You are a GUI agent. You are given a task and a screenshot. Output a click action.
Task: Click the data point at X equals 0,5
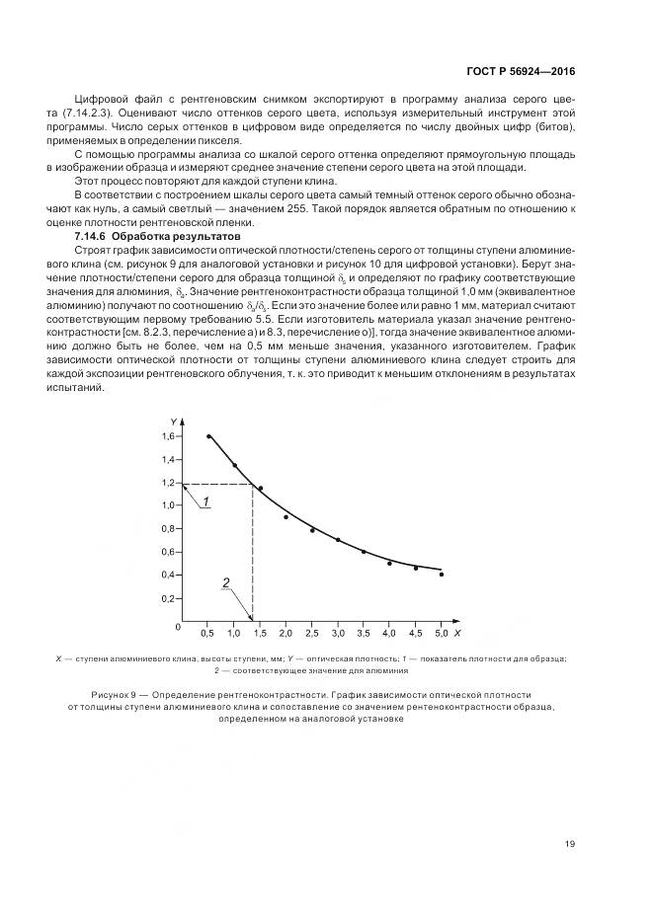coord(208,436)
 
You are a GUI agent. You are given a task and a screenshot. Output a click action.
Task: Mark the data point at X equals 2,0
coord(286,516)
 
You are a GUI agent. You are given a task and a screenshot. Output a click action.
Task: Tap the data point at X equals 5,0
coord(441,574)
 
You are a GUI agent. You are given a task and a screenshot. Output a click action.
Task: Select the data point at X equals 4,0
coord(389,563)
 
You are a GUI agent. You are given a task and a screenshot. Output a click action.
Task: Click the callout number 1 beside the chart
coord(205,502)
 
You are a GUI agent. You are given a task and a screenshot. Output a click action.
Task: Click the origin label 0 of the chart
coord(178,627)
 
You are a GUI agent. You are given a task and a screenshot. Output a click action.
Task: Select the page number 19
coord(570,843)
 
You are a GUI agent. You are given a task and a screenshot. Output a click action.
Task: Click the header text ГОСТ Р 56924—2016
coord(521,72)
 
